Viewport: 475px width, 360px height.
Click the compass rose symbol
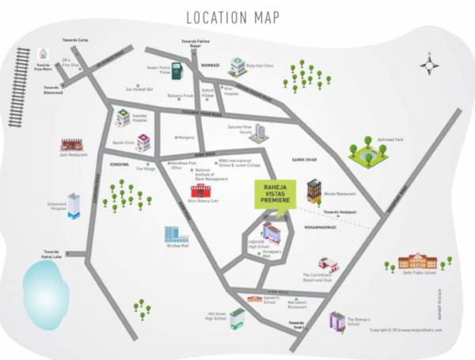pos(430,63)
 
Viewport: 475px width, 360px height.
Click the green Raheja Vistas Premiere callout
pos(273,195)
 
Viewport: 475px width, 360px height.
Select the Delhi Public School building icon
pos(417,260)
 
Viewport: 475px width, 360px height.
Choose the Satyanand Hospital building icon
pos(74,205)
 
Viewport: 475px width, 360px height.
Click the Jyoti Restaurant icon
pos(71,146)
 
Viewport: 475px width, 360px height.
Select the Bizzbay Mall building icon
pos(175,234)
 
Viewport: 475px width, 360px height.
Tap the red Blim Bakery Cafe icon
pos(201,191)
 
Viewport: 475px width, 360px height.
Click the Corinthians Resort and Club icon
pos(328,263)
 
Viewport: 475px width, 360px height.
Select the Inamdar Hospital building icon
pos(123,118)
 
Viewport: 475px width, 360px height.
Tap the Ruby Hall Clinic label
pos(263,68)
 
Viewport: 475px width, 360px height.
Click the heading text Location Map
pos(236,17)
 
